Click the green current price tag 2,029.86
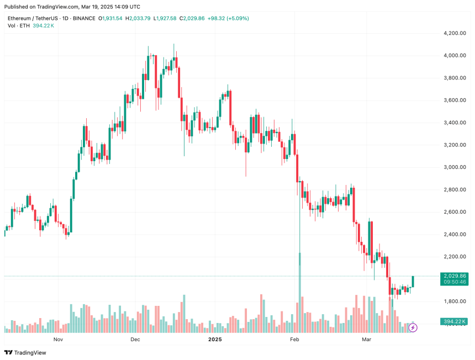coord(455,276)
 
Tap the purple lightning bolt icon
coord(413,328)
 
